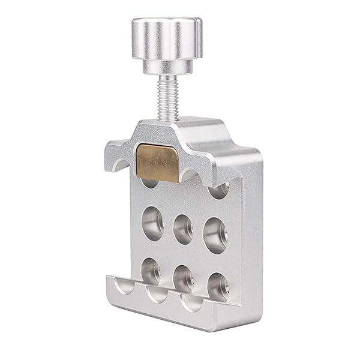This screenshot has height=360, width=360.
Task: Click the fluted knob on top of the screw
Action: point(167,39)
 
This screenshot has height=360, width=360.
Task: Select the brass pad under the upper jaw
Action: point(157,161)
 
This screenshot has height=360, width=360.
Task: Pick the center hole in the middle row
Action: point(183,229)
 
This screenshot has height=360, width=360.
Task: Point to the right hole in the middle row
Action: point(215,234)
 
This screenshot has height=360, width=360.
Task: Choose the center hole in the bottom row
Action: point(183,277)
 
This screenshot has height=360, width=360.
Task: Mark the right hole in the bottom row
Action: point(217,285)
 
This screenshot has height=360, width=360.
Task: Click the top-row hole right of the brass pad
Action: point(218,190)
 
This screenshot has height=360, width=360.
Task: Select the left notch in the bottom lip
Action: point(125,287)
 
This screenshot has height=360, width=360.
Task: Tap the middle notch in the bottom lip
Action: point(157,294)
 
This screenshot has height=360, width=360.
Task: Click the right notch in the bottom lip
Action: point(192,302)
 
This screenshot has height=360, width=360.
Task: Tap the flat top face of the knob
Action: point(166,24)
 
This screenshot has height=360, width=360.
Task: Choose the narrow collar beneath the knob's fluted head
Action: point(167,67)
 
